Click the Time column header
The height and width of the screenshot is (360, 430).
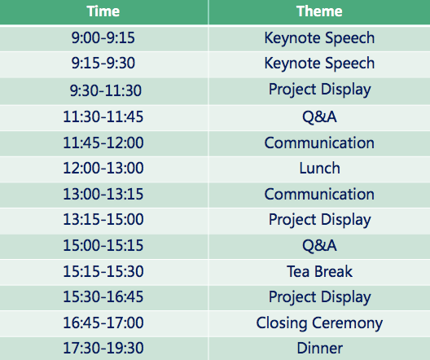[x=103, y=11]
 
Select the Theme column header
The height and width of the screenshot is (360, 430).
[x=319, y=11]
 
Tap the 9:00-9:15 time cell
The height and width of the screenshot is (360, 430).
[x=103, y=37]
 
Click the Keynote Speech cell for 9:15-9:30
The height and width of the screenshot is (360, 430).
[x=319, y=64]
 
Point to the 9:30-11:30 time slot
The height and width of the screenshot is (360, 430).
[x=106, y=90]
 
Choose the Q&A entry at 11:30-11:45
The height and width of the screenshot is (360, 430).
[x=319, y=116]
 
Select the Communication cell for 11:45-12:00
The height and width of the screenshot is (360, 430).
[x=319, y=143]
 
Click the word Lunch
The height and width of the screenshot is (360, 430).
[x=319, y=168]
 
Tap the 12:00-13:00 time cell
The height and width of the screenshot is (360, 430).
[x=103, y=168]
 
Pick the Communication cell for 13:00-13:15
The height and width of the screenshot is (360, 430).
[x=319, y=194]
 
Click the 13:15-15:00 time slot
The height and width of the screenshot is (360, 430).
[x=103, y=219]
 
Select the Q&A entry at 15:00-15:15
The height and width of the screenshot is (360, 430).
[x=319, y=245]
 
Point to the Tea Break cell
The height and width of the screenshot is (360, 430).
[x=319, y=271]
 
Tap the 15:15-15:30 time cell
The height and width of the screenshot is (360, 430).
[x=103, y=271]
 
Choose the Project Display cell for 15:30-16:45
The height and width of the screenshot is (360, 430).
[x=320, y=298]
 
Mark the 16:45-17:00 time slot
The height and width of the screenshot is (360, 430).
[x=103, y=323]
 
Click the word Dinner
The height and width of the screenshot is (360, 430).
[x=320, y=349]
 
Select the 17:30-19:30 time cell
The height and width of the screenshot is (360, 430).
[x=103, y=348]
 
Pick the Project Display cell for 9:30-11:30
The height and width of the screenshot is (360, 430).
[x=320, y=90]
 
